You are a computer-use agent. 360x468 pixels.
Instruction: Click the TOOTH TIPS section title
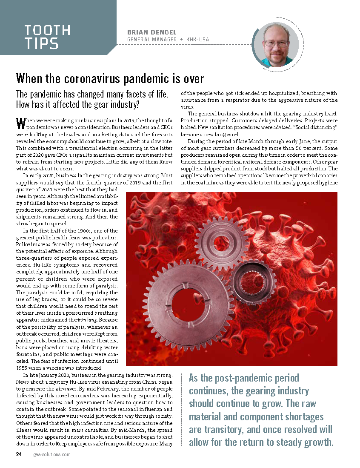pyautogui.click(x=47, y=37)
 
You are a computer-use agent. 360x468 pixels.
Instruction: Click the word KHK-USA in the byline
pyautogui.click(x=198, y=40)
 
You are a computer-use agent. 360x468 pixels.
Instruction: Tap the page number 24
pyautogui.click(x=19, y=454)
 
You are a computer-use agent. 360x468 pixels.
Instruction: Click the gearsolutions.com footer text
pyautogui.click(x=51, y=454)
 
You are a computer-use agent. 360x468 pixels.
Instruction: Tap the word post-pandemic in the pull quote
pyautogui.click(x=254, y=378)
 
